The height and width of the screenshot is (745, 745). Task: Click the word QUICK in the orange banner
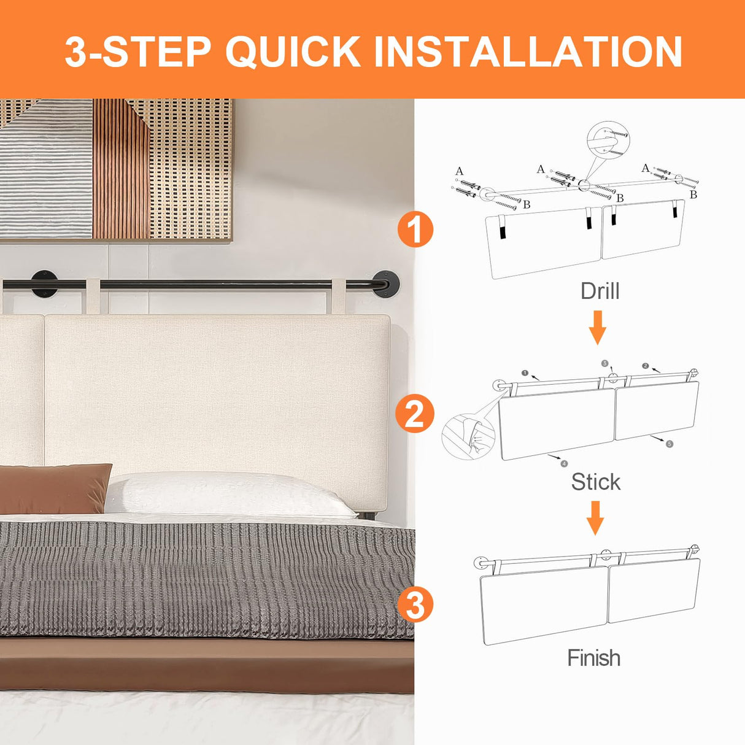[293, 52]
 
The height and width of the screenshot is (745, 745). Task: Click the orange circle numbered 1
[415, 230]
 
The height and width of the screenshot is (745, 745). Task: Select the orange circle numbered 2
[414, 414]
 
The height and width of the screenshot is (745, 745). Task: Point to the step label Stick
[596, 482]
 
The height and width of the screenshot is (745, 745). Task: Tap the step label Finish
[594, 657]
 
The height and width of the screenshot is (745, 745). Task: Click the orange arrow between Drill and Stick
[598, 327]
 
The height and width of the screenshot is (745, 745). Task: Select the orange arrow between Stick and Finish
[595, 518]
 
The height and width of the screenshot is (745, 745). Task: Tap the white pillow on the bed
[231, 495]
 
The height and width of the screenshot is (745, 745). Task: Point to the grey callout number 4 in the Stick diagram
[564, 463]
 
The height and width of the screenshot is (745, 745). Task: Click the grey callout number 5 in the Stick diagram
[670, 444]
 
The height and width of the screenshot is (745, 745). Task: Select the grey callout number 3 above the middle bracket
[605, 363]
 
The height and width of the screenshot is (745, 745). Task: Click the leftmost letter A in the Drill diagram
[459, 171]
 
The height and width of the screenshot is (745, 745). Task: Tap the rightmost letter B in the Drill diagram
[693, 195]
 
